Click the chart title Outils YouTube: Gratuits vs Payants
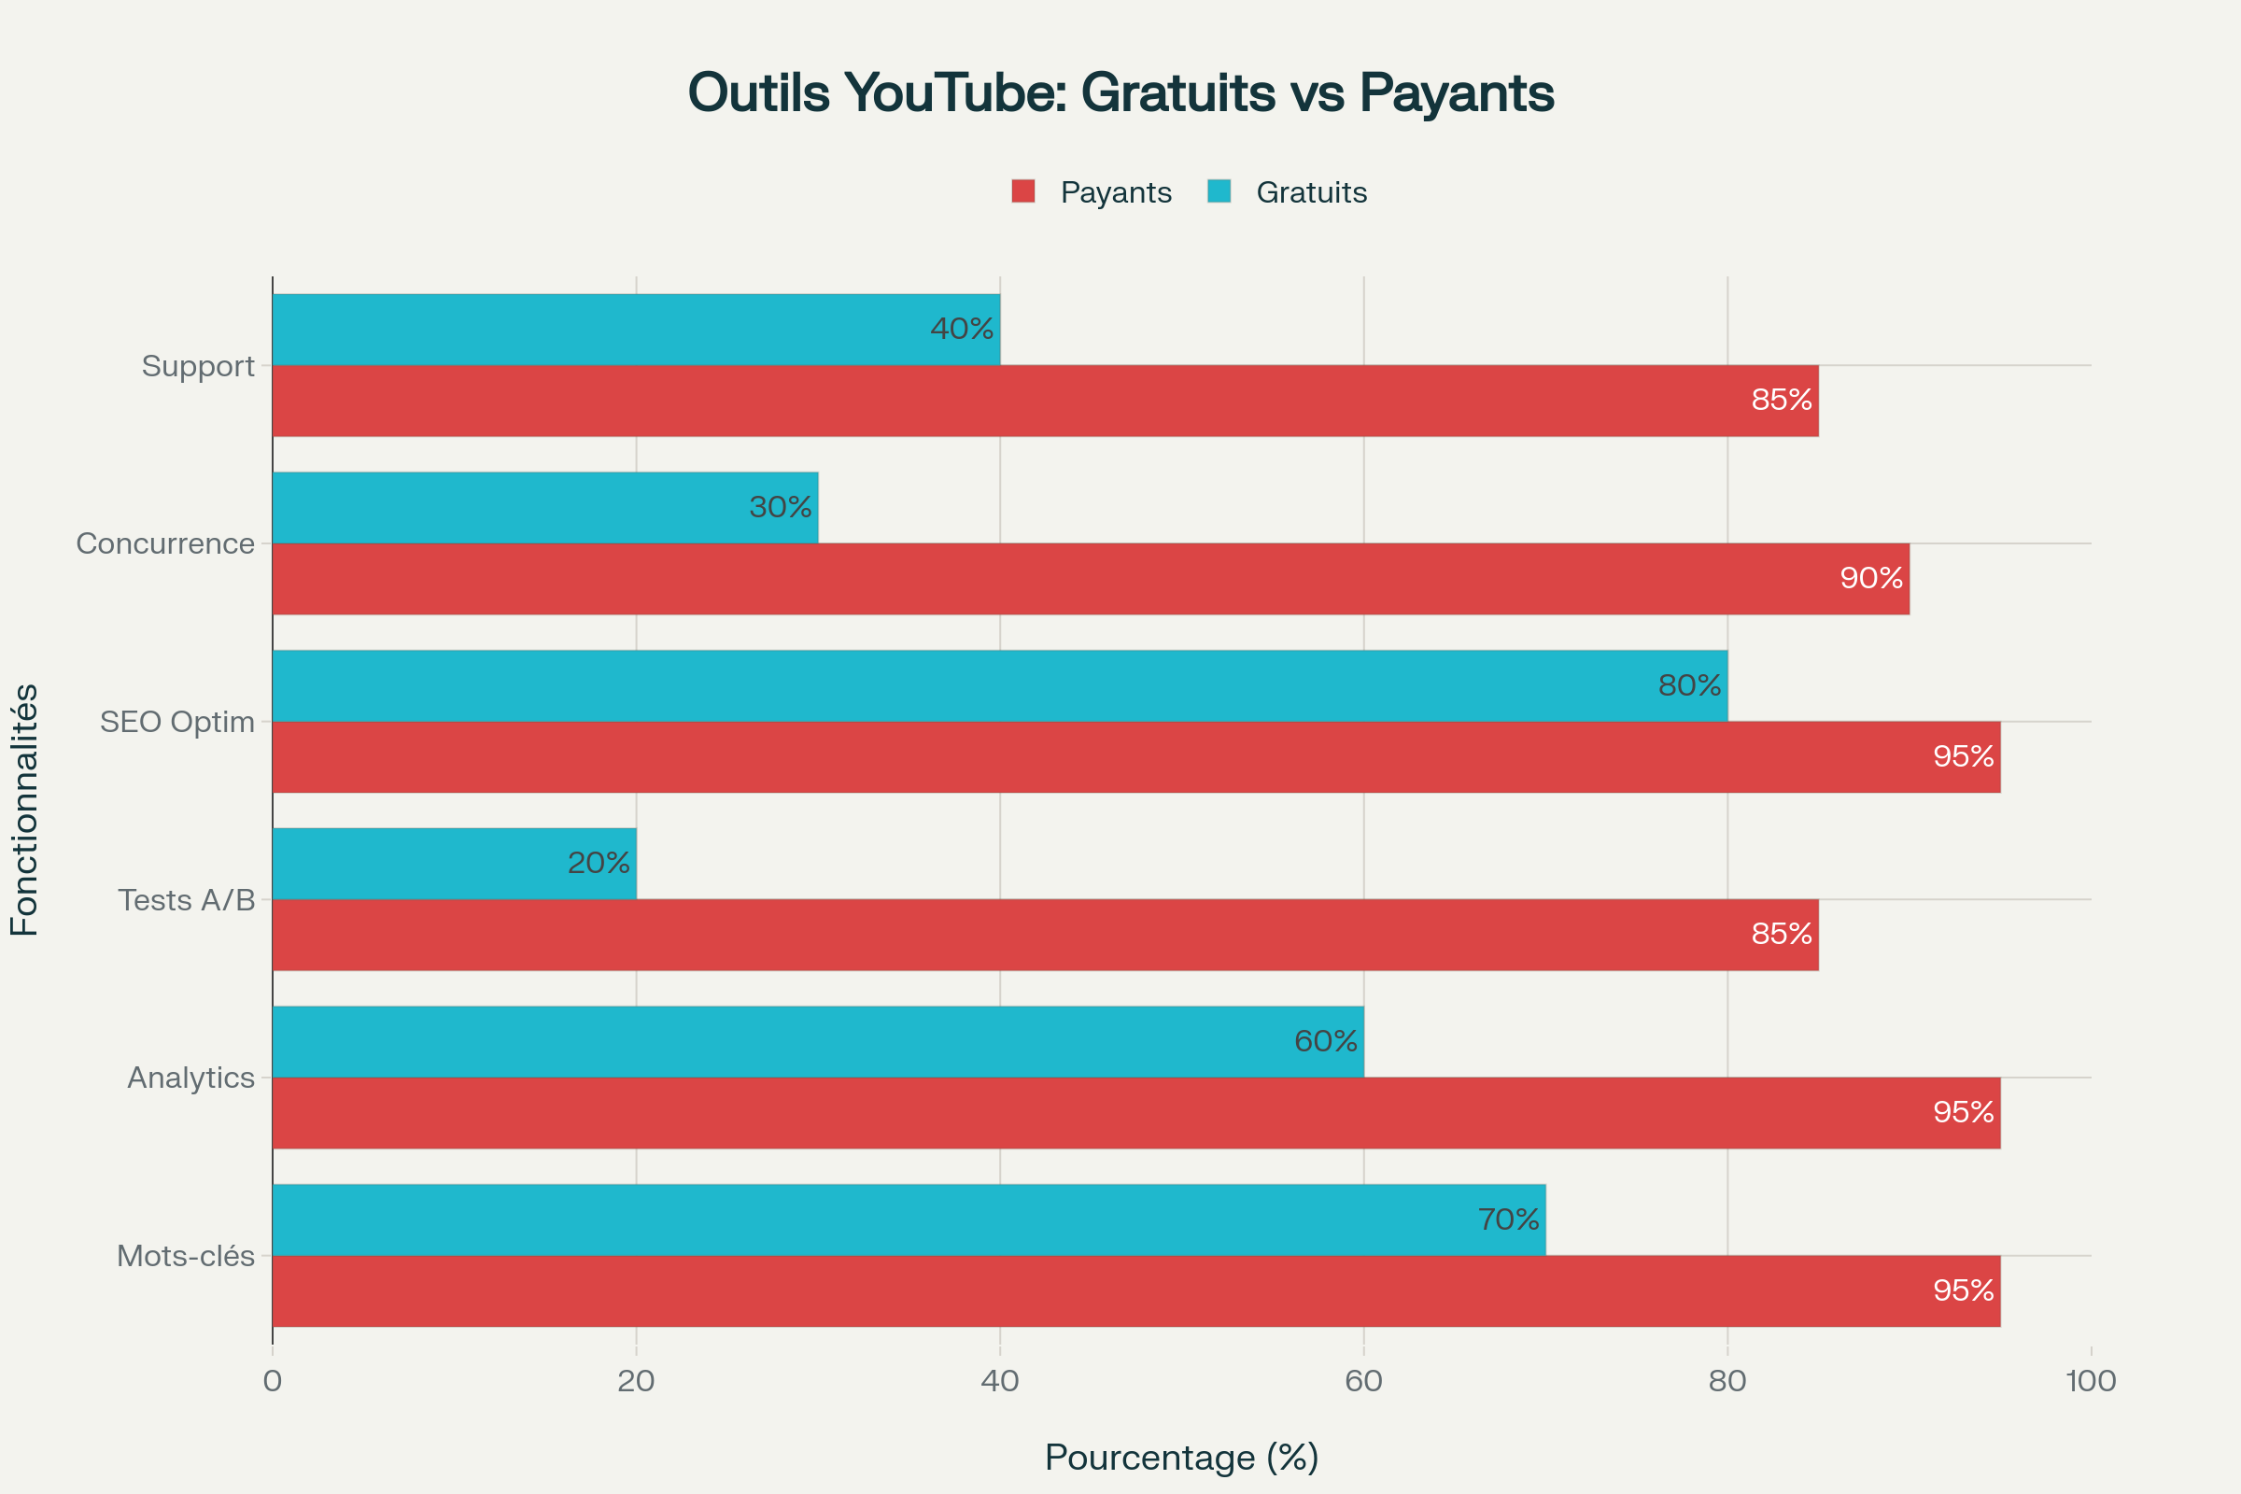(x=1120, y=93)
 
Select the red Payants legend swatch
(x=1023, y=191)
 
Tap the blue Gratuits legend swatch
(x=1219, y=191)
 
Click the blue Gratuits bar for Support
(x=636, y=330)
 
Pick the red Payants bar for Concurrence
(x=1090, y=578)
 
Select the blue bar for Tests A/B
(x=454, y=863)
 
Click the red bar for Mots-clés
(x=1135, y=1291)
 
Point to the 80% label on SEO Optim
(x=1689, y=686)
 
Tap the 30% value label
(x=781, y=508)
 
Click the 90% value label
(x=1871, y=578)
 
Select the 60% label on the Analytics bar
(x=1325, y=1041)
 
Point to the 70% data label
(x=1508, y=1219)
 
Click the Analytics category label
(x=191, y=1078)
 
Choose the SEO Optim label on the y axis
(x=177, y=722)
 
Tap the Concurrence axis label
(x=166, y=544)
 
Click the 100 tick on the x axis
(x=2092, y=1382)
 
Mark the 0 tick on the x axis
(x=273, y=1382)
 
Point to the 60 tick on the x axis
(x=1363, y=1382)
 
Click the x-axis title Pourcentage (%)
(x=1181, y=1458)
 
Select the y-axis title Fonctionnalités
(x=25, y=810)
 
